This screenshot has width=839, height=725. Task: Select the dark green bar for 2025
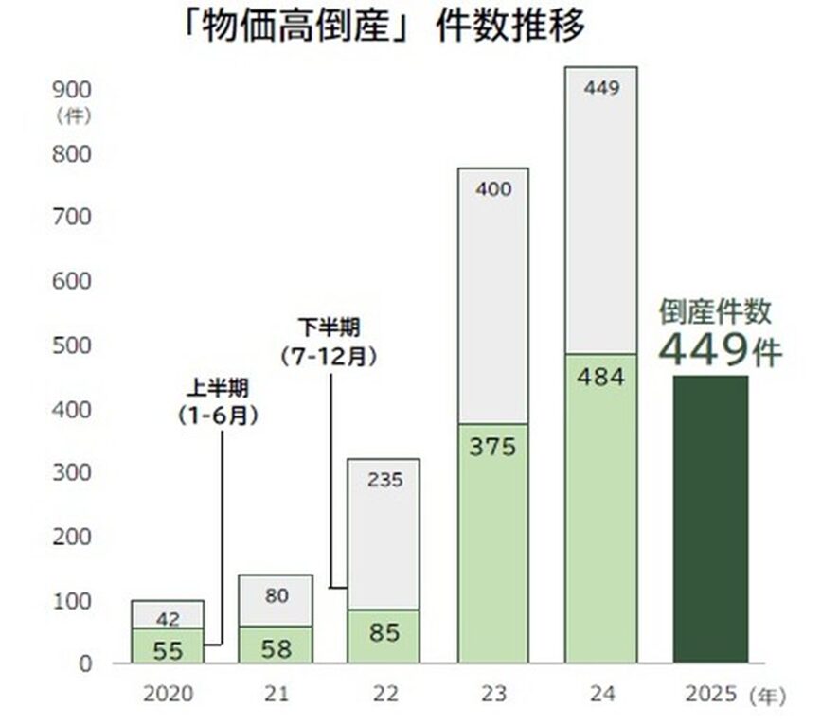pyautogui.click(x=710, y=519)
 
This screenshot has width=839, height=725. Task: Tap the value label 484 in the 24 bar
pyautogui.click(x=601, y=378)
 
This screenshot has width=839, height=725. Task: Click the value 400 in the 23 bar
pyautogui.click(x=492, y=189)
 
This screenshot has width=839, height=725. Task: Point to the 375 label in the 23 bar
pyautogui.click(x=492, y=447)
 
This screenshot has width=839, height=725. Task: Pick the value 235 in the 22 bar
pyautogui.click(x=384, y=480)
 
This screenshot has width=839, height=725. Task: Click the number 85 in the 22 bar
pyautogui.click(x=384, y=631)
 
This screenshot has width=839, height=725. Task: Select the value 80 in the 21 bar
pyautogui.click(x=276, y=596)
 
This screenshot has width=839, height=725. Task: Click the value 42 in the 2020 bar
pyautogui.click(x=168, y=619)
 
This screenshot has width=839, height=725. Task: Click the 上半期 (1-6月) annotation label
pyautogui.click(x=217, y=401)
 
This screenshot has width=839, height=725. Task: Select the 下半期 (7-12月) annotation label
pyautogui.click(x=329, y=343)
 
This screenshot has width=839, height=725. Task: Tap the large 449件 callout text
pyautogui.click(x=720, y=351)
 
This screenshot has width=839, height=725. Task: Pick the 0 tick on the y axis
pyautogui.click(x=85, y=664)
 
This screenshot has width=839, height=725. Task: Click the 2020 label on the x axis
pyautogui.click(x=168, y=695)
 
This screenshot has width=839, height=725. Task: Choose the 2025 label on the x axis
pyautogui.click(x=709, y=695)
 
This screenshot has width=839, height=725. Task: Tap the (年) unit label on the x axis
pyautogui.click(x=767, y=696)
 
